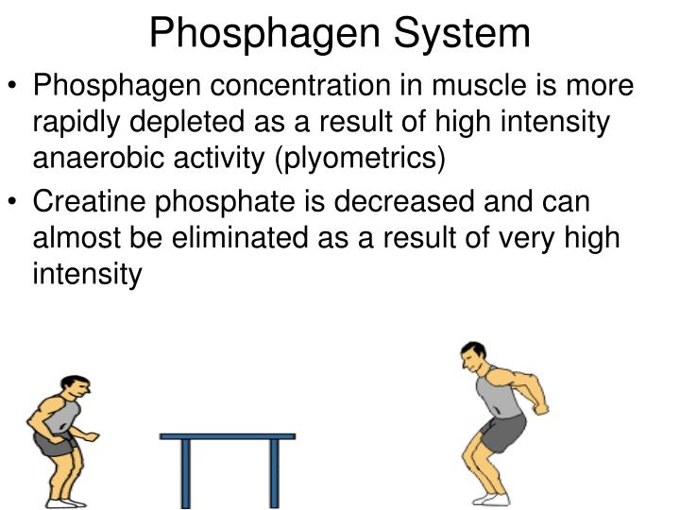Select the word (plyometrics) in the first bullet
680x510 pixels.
tap(360, 158)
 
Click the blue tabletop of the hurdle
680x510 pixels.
tap(228, 436)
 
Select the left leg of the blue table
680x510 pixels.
tap(186, 472)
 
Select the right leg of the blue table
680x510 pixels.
tap(273, 472)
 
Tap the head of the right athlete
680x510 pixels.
tap(472, 358)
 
